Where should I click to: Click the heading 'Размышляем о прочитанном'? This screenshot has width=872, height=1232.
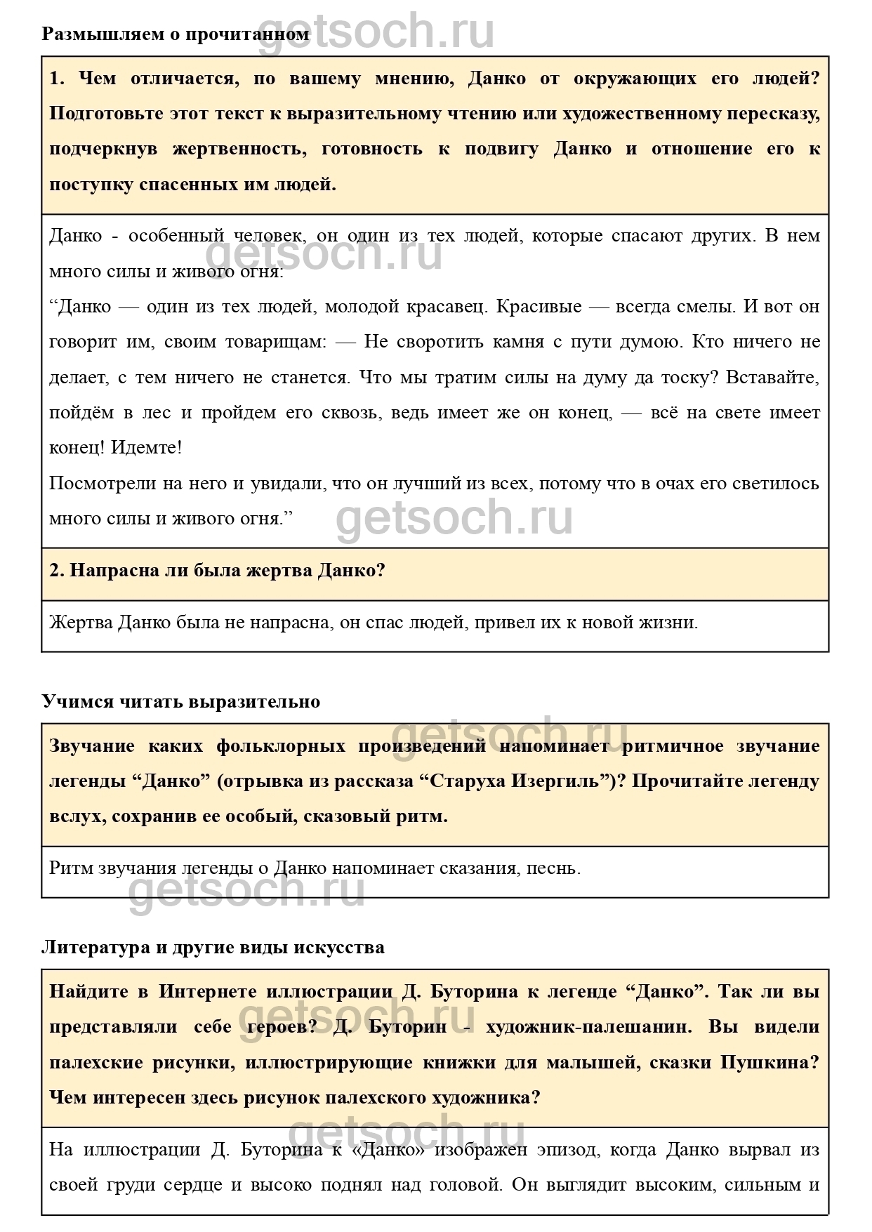coord(175,34)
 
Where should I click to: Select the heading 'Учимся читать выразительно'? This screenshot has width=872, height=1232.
coord(180,701)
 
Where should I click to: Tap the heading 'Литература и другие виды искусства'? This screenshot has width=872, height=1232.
coord(213,947)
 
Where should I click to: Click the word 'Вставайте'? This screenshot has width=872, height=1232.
coord(772,378)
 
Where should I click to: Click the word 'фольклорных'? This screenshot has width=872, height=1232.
coord(281,746)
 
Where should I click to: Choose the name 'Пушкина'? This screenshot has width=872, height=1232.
coord(769,1062)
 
